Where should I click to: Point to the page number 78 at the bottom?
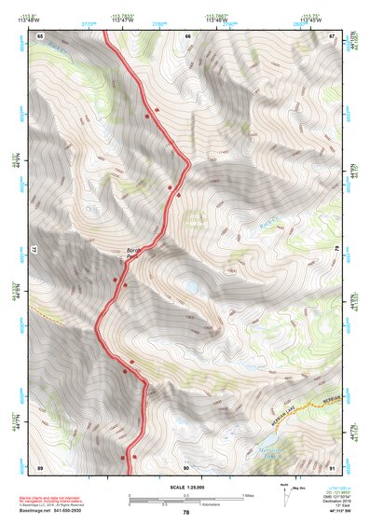click(185, 512)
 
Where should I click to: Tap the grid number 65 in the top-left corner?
click(41, 35)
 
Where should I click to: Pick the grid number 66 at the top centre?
click(187, 35)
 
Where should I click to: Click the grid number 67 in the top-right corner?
click(333, 35)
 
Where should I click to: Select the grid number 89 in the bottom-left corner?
click(41, 466)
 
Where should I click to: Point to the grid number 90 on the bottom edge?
click(186, 466)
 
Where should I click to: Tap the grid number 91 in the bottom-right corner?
click(333, 466)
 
